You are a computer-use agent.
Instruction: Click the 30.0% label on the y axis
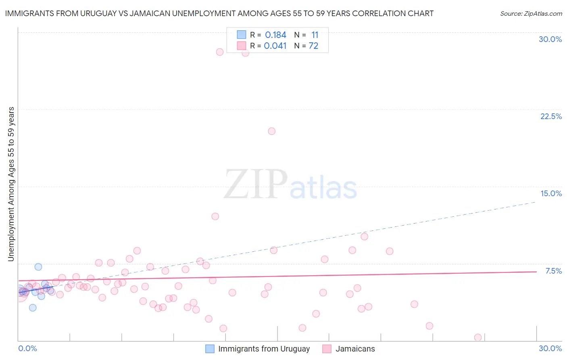[x=550, y=39]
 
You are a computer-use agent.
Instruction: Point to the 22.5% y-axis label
[x=551, y=116]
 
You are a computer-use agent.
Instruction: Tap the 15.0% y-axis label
[x=551, y=193]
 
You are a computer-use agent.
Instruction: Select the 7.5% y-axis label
[x=553, y=271]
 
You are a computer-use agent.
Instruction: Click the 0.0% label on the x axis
[x=27, y=348]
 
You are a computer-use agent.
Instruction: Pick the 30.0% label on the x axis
[x=550, y=348]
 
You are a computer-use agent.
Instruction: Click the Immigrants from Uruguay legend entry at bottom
[x=264, y=349]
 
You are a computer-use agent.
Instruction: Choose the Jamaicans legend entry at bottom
[x=355, y=349]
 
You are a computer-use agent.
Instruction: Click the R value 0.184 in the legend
[x=275, y=35]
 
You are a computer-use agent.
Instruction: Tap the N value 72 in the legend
[x=313, y=46]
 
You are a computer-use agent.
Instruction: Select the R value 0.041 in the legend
[x=275, y=46]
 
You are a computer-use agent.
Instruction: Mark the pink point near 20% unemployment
[x=271, y=131]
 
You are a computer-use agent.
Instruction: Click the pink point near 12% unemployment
[x=215, y=216]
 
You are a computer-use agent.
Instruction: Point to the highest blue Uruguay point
[x=38, y=267]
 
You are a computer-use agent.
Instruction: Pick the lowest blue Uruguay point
[x=33, y=308]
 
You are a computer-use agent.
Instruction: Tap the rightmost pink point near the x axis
[x=478, y=337]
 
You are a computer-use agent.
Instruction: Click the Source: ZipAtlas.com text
[x=531, y=14]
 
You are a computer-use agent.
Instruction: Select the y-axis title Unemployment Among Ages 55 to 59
[x=11, y=184]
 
